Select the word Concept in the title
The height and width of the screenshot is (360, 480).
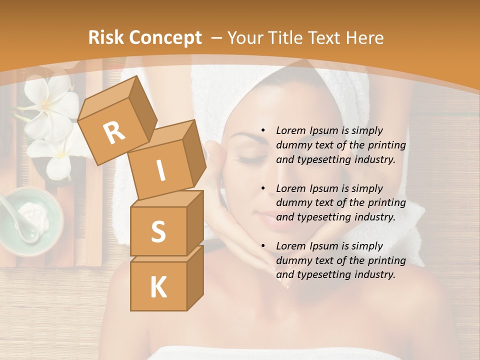click(x=165, y=38)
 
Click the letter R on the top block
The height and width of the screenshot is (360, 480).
click(x=114, y=132)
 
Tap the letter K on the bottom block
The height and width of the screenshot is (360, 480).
click(x=158, y=287)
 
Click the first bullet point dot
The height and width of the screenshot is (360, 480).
click(x=263, y=131)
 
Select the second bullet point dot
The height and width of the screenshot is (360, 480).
click(x=263, y=188)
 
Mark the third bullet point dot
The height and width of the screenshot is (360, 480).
click(x=263, y=246)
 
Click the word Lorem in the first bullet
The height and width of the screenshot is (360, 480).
click(x=290, y=130)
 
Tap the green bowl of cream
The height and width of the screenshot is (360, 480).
click(x=30, y=220)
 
